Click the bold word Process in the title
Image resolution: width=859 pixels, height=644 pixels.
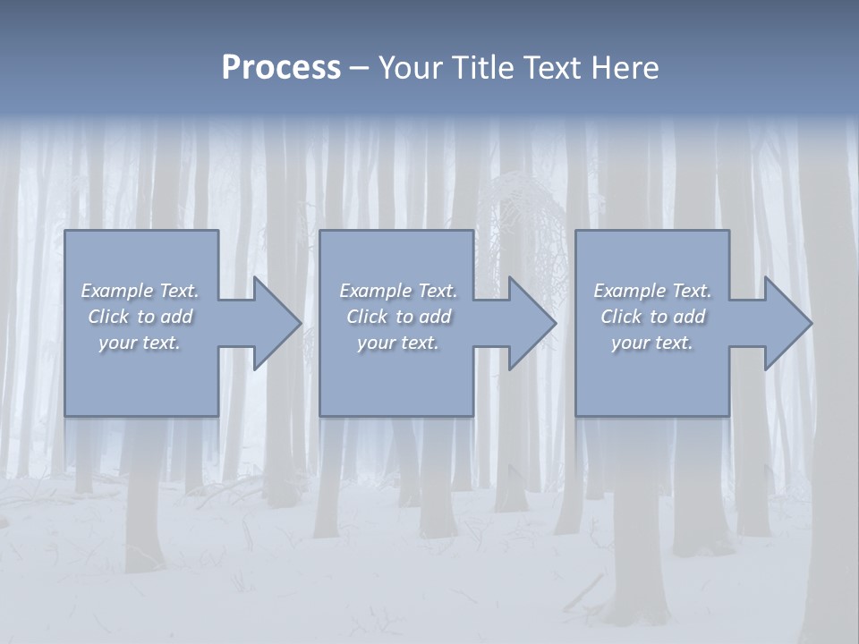click(x=281, y=68)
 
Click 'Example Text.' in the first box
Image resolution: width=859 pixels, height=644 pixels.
click(x=140, y=291)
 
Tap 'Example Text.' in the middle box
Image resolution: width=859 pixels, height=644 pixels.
click(x=398, y=291)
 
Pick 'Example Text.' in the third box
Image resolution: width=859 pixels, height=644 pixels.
click(x=652, y=291)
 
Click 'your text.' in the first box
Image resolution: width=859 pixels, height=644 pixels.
click(x=140, y=343)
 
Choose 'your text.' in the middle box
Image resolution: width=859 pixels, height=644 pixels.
click(x=398, y=343)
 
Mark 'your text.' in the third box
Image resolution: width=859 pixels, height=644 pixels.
click(x=652, y=343)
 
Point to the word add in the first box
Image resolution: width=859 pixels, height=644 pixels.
click(x=177, y=317)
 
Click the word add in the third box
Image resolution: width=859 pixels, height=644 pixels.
click(x=690, y=317)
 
